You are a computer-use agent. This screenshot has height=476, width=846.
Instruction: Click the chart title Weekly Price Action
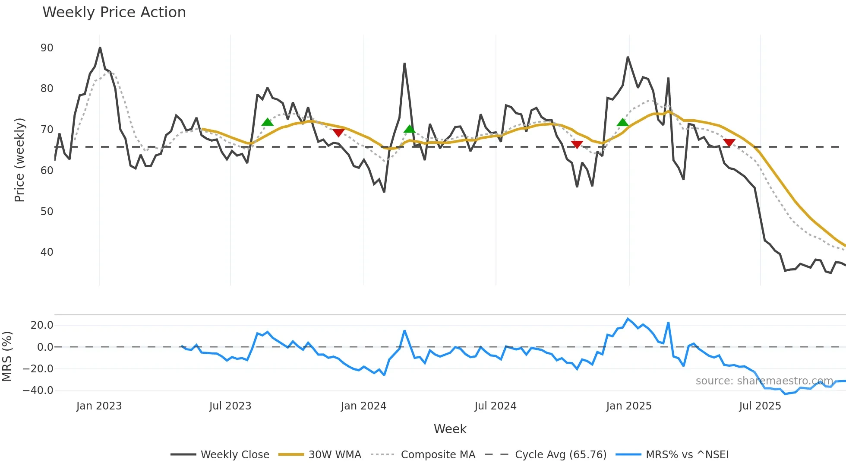(114, 13)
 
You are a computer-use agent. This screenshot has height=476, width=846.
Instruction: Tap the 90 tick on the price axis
(47, 48)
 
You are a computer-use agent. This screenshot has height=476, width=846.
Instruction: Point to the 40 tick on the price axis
(47, 252)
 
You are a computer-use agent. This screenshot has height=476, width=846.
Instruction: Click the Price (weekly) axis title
(19, 160)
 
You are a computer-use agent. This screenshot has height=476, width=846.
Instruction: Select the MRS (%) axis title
(7, 356)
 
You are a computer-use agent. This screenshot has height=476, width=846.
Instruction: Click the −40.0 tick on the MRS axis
(38, 390)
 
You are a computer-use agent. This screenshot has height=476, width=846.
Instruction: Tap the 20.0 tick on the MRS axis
(41, 325)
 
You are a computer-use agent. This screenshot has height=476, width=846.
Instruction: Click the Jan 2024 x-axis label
(363, 406)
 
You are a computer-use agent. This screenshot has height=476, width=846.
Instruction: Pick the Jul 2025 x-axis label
(760, 406)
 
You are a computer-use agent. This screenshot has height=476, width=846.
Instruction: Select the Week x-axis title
(450, 429)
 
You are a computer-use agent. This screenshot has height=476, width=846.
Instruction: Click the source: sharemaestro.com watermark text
(764, 381)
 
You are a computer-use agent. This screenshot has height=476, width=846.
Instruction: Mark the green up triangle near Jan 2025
(622, 123)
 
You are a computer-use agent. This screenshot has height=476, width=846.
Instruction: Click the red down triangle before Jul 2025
(729, 143)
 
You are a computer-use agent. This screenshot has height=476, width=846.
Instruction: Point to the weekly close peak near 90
(100, 48)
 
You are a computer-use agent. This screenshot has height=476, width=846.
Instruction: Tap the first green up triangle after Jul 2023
(268, 122)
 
